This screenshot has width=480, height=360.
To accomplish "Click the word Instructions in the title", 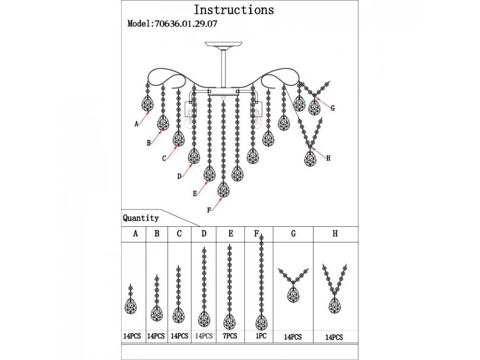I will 234,10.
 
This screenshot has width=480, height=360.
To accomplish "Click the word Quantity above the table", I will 141,218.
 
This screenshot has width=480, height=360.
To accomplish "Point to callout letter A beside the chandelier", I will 136,124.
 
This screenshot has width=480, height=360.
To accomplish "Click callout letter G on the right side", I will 332,108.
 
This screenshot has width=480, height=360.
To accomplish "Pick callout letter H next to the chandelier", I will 328,158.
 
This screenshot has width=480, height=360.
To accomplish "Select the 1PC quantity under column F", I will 260,336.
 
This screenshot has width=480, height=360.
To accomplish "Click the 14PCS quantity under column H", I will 334,337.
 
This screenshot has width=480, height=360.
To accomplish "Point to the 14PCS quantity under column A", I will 132,336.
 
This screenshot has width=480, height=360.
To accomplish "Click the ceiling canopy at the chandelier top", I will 224,44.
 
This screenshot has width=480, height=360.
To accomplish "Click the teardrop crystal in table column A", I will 130,306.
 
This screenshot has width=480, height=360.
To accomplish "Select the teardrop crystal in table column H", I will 334,305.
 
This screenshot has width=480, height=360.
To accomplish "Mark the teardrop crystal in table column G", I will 293,294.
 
